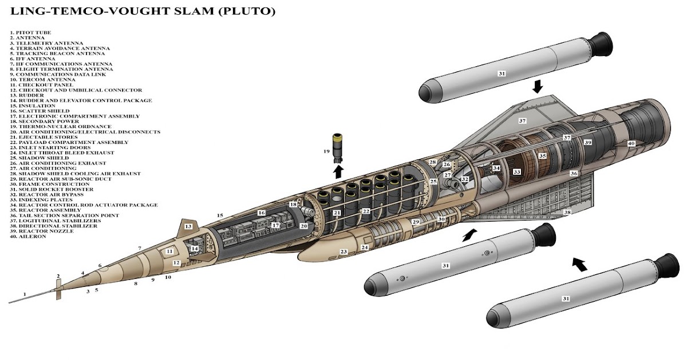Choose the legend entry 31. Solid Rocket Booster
(x=53, y=189)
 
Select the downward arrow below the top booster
(x=537, y=86)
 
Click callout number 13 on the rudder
(x=188, y=226)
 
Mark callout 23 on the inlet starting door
(x=343, y=251)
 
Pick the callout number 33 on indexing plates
(x=516, y=171)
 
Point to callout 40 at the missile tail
(x=631, y=143)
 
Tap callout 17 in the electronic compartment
(x=275, y=225)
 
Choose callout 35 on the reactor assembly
(x=543, y=155)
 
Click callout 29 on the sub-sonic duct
(x=416, y=221)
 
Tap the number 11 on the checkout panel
(x=169, y=251)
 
